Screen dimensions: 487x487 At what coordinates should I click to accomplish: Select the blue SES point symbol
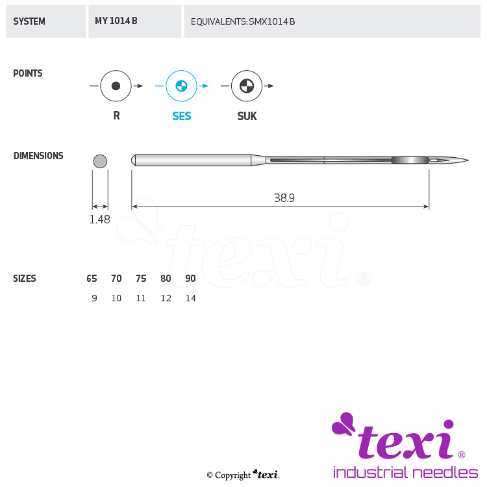click(181, 86)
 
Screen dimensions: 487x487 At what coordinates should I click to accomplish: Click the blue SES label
click(182, 116)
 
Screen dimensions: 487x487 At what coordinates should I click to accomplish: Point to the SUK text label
click(247, 116)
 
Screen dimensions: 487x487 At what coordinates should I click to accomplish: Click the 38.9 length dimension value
click(284, 198)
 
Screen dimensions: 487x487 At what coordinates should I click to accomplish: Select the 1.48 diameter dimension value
click(100, 219)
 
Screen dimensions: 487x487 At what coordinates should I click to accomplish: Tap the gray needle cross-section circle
click(100, 161)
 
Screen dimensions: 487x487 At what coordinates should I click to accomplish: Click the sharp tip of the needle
click(468, 160)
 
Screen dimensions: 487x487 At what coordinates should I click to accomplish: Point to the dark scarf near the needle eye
click(410, 160)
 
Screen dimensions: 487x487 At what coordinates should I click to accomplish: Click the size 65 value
click(92, 279)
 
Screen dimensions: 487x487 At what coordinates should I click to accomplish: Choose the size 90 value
click(190, 279)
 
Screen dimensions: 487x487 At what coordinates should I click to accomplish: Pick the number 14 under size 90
click(191, 298)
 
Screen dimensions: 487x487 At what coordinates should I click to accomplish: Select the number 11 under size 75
click(141, 298)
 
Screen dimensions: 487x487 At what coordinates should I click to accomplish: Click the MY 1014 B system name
click(116, 21)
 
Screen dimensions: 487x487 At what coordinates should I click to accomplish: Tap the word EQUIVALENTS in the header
click(219, 21)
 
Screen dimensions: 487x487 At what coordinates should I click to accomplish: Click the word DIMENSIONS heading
click(38, 156)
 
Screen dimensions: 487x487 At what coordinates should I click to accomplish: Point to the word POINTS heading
click(28, 73)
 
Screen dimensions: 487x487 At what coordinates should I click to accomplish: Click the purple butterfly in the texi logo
click(343, 423)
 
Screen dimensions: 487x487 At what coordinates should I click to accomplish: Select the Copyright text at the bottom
click(232, 475)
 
